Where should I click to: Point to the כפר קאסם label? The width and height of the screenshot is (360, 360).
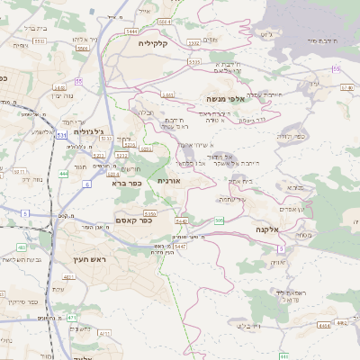pos(139,220)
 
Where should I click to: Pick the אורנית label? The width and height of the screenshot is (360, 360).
pos(169,181)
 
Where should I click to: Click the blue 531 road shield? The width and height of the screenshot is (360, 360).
pos(60,134)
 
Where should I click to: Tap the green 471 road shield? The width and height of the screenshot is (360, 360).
pos(71,318)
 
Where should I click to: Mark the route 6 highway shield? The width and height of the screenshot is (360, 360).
pos(87,184)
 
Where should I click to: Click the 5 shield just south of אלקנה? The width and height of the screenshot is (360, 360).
pos(281,247)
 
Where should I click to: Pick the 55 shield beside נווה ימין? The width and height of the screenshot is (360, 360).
pos(79,81)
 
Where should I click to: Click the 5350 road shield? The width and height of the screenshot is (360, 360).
pos(150,213)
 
